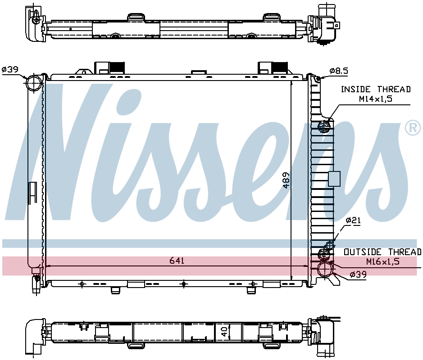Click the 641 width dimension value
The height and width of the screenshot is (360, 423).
pos(177,261)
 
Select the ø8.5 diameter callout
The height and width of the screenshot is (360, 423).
pos(339,71)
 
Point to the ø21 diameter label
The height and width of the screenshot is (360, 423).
pos(353,220)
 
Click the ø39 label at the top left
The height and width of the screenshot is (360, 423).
pos(10,69)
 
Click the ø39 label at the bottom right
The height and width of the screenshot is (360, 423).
pos(358,274)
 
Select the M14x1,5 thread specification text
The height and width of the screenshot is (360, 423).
pos(375,99)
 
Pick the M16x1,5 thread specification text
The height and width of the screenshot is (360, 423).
pos(382,261)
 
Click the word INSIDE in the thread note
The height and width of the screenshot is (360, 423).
pos(355,89)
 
